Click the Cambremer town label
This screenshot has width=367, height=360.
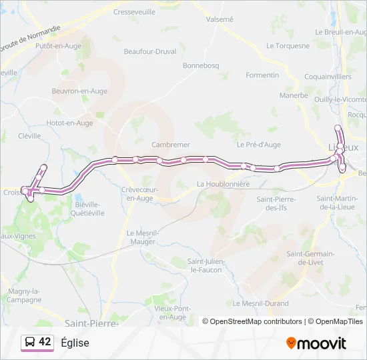[171, 145]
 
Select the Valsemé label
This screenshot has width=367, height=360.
[220, 19]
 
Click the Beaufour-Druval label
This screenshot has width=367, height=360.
[150, 51]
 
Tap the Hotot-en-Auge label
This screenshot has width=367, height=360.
[69, 123]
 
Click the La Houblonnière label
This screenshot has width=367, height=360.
[223, 183]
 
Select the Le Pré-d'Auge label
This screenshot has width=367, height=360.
[258, 144]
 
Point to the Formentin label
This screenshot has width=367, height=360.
[262, 75]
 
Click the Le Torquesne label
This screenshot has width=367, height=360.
[288, 46]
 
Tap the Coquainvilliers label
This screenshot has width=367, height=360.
[328, 77]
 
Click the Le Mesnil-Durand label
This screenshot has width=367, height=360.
[261, 303]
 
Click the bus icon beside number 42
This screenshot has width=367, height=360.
[29, 342]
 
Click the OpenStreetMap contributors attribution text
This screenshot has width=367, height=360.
[256, 321]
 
